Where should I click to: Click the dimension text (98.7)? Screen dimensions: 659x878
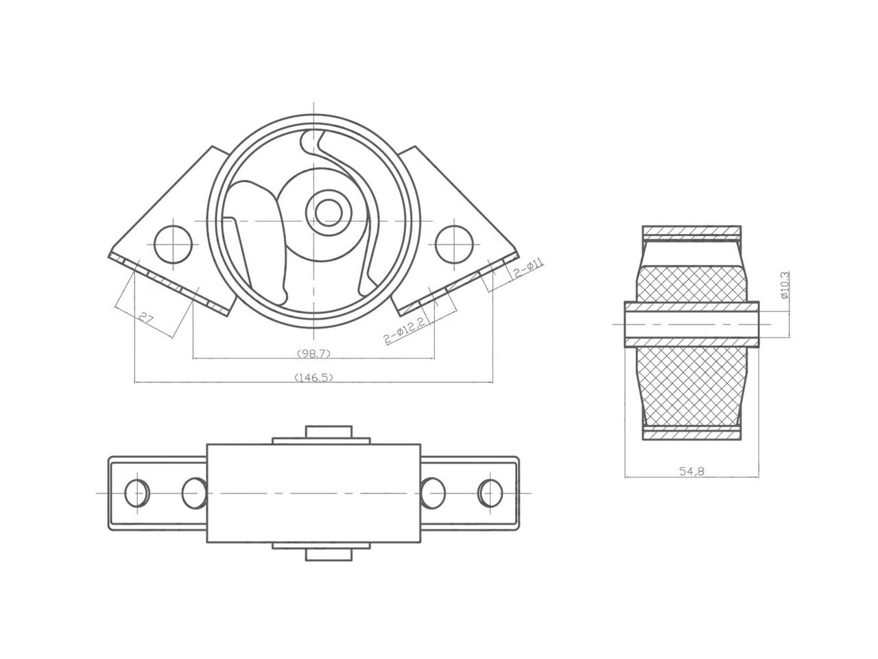click(x=313, y=353)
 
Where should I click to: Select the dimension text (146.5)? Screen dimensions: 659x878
click(x=313, y=377)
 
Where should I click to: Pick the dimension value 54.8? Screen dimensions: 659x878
click(x=692, y=472)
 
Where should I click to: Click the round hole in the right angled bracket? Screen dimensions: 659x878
click(x=455, y=244)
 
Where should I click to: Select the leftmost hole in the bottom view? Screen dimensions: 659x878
click(x=137, y=493)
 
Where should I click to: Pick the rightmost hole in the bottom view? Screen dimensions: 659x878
click(x=490, y=493)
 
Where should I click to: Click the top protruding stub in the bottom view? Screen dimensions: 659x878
click(x=328, y=433)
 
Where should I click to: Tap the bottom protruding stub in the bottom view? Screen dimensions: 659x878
click(x=328, y=554)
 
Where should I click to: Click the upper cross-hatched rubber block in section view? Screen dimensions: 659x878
click(x=691, y=283)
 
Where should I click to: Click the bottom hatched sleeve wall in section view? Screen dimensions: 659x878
click(x=691, y=434)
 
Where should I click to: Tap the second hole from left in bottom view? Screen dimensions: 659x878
click(x=194, y=493)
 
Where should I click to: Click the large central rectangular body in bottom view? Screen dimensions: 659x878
click(x=313, y=493)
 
